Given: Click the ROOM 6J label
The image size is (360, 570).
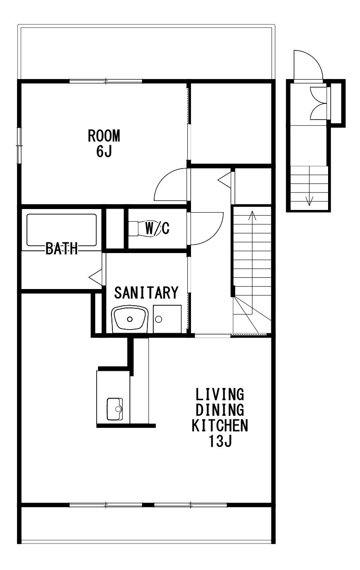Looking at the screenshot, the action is (104, 143).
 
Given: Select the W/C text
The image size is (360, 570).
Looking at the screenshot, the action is (157, 228).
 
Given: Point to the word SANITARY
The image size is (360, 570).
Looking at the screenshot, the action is (146, 293).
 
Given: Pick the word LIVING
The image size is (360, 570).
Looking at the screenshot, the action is (220, 394).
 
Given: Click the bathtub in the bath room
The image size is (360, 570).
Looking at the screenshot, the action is (62, 230).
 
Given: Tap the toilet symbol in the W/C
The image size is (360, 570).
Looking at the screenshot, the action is (145, 229).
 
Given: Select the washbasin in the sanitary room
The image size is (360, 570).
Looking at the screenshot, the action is (130, 318).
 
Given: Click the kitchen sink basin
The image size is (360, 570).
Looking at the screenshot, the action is (115, 409).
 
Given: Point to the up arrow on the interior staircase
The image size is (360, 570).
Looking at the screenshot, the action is (253, 262).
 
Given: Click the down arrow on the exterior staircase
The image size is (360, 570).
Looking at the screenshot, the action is (309, 186).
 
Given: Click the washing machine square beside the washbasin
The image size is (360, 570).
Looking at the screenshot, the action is (167, 319).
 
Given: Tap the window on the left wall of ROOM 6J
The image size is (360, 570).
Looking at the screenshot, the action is (19, 146).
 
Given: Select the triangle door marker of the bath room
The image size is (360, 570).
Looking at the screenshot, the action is (95, 276).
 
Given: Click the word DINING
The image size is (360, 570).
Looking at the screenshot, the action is (220, 410).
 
